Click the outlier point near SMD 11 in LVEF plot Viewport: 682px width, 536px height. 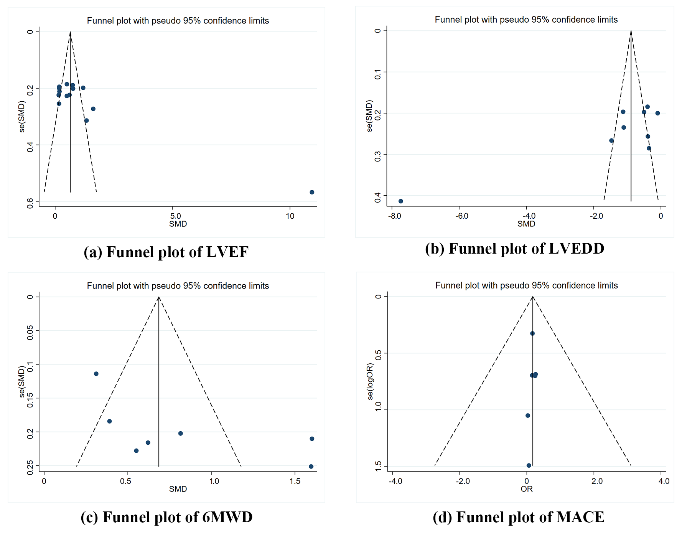(312, 192)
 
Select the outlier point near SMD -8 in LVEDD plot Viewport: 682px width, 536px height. (401, 201)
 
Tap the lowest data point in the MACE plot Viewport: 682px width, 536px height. (529, 465)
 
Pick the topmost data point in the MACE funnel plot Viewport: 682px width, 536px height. (532, 333)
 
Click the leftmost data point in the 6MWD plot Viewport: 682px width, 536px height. (96, 374)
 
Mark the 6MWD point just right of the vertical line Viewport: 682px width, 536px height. (181, 434)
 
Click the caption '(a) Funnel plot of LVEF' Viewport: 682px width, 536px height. (166, 252)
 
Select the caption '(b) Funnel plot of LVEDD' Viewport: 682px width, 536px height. (514, 249)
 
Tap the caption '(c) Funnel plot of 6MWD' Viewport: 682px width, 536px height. (166, 517)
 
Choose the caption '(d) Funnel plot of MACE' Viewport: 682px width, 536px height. (518, 517)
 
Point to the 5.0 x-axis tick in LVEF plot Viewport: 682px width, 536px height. (175, 216)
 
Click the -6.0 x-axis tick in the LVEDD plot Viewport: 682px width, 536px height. (462, 216)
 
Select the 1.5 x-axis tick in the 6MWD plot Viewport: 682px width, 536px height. (295, 481)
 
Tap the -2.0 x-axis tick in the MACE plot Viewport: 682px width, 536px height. (463, 481)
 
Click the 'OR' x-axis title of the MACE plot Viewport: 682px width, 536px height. (527, 489)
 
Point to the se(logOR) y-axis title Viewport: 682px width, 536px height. (370, 381)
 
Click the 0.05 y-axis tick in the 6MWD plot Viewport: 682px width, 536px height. (30, 333)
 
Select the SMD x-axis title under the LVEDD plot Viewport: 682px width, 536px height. (526, 224)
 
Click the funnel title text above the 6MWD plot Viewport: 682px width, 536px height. (178, 286)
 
